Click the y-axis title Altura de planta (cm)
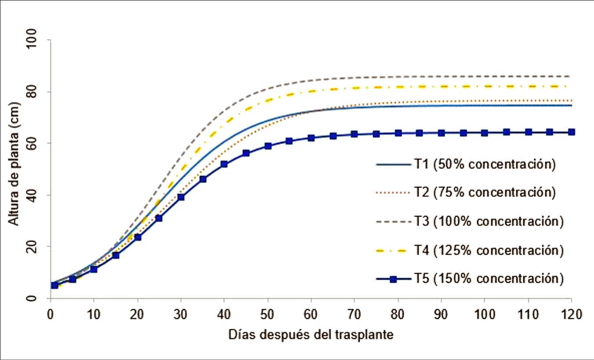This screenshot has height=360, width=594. click(14, 169)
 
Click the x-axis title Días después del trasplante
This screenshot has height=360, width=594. click(311, 335)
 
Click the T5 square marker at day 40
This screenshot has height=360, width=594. click(224, 164)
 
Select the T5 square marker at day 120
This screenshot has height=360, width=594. click(571, 132)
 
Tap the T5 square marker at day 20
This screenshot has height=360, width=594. click(138, 237)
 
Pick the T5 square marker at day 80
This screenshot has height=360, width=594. click(398, 133)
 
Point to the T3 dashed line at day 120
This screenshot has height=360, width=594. click(570, 76)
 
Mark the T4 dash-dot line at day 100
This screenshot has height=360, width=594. click(484, 86)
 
